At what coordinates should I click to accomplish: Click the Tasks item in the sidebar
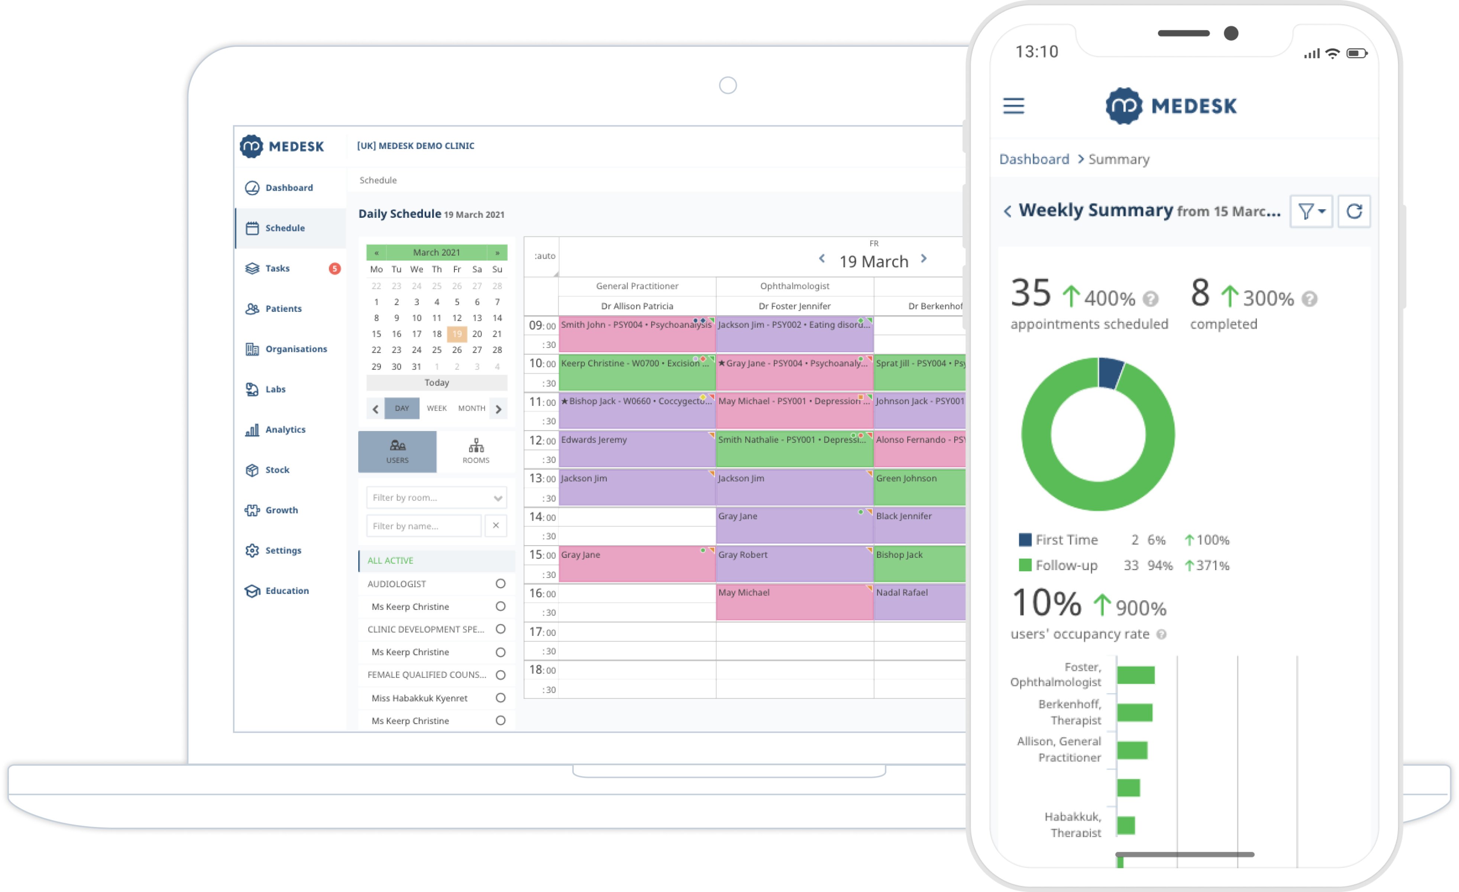pos(277,268)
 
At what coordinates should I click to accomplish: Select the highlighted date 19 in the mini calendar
pos(456,334)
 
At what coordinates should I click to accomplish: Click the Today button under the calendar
pos(436,382)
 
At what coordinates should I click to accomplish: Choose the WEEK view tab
pos(436,408)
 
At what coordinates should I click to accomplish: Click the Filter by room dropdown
pos(436,498)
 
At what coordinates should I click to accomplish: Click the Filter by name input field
pos(423,526)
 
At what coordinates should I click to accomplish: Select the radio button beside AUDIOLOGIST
pos(500,584)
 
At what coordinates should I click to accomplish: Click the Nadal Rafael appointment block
pos(919,602)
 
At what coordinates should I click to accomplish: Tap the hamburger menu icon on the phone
pos(1013,106)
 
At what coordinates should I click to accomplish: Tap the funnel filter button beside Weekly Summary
pos(1311,211)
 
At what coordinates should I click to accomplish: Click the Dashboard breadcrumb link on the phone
pos(1034,159)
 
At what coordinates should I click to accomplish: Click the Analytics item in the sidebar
pos(285,429)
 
